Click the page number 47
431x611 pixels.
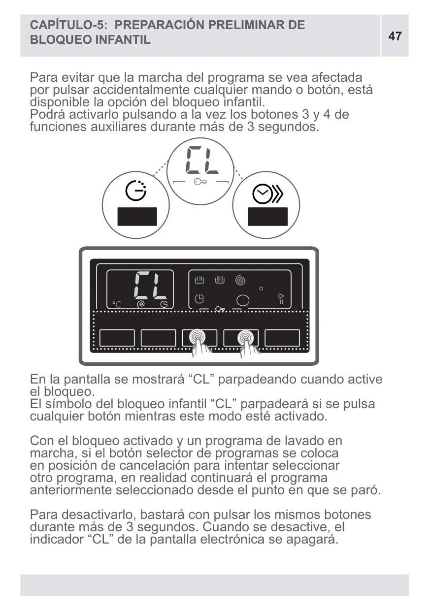(x=395, y=36)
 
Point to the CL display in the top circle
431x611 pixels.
(x=202, y=160)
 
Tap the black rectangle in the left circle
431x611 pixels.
(x=137, y=217)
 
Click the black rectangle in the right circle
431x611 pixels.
(x=268, y=217)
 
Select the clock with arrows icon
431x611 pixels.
(x=268, y=194)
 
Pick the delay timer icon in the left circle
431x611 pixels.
(x=136, y=191)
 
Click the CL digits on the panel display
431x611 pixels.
(x=150, y=286)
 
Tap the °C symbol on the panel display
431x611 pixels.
(x=117, y=304)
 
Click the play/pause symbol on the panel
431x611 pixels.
(x=281, y=299)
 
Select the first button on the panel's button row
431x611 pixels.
(x=117, y=338)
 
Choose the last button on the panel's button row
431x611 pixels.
(x=282, y=338)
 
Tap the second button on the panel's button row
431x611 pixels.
(x=158, y=338)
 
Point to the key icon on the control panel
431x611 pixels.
(x=220, y=309)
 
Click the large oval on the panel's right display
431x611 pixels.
(x=243, y=301)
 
